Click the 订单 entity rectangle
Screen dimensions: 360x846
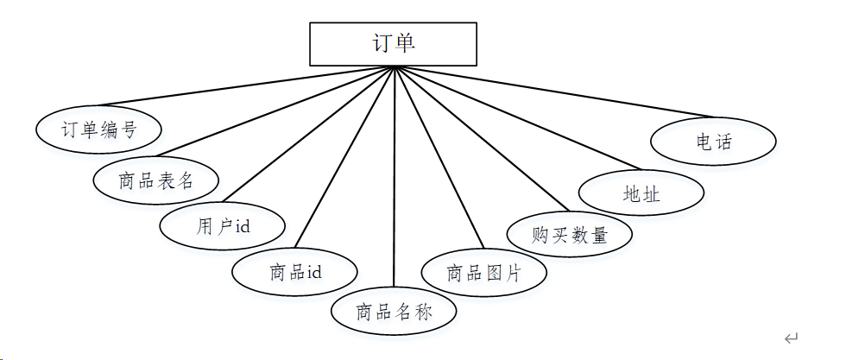tap(393, 44)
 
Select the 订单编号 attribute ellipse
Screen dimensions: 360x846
tap(98, 129)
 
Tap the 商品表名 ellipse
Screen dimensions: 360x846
tap(155, 180)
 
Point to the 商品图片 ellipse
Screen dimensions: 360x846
tap(484, 273)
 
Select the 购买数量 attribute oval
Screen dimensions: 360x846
tap(570, 234)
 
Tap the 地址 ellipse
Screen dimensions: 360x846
tap(641, 193)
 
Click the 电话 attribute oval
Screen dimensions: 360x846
tap(713, 142)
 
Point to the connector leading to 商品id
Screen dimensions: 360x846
tap(345, 155)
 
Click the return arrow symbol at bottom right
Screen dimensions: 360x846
tap(791, 338)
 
